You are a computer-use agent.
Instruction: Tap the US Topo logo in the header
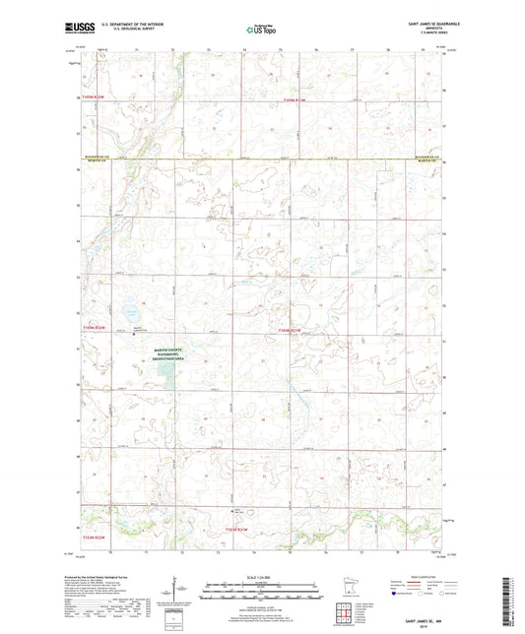pos(260,31)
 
